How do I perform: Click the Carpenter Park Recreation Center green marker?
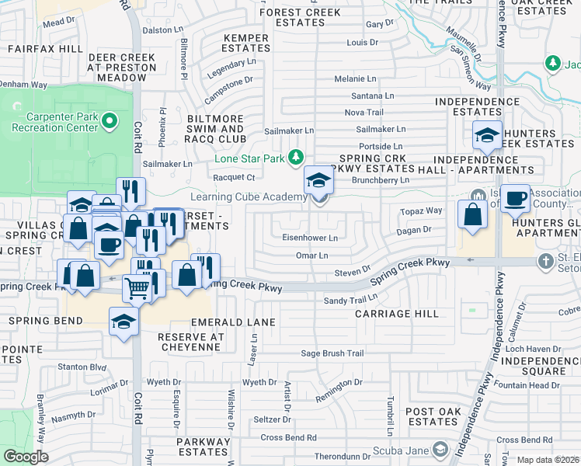(x=110, y=120)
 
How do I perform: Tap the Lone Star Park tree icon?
(x=295, y=158)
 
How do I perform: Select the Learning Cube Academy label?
(x=249, y=197)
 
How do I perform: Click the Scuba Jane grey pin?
(x=440, y=450)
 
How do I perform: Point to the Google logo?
(x=26, y=457)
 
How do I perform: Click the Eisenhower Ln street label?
(x=309, y=238)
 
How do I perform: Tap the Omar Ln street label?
(x=312, y=255)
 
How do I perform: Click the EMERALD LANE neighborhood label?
(x=239, y=322)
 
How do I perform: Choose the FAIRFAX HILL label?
(x=43, y=48)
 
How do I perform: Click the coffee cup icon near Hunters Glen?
(x=515, y=200)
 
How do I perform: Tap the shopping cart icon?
(x=137, y=289)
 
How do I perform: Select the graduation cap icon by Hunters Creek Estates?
(x=487, y=135)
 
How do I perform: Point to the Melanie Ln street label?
(x=355, y=78)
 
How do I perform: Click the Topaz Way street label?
(x=420, y=210)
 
